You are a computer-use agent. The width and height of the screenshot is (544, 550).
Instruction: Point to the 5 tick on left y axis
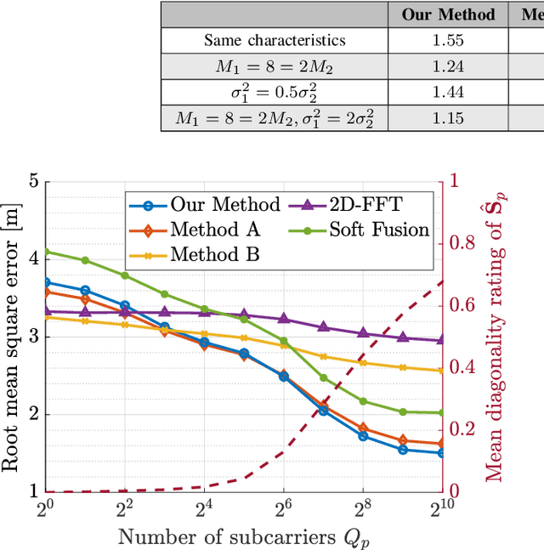click(34, 181)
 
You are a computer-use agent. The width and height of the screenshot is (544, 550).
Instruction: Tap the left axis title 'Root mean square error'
click(12, 336)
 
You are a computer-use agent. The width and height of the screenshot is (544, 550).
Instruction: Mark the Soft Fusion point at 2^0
click(46, 251)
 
